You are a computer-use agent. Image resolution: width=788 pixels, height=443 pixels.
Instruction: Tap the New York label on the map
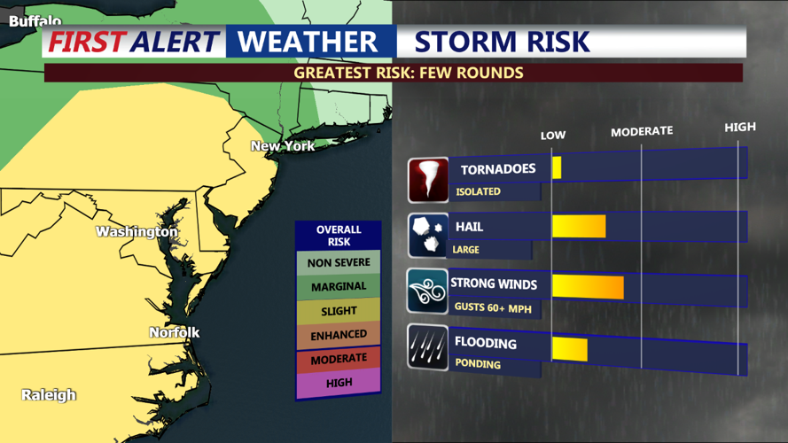point(283,146)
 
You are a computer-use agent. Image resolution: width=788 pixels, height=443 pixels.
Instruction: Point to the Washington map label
point(137,232)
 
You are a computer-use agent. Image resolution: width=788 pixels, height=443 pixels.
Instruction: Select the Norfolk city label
point(174,332)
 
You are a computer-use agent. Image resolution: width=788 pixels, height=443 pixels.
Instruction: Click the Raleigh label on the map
point(49,395)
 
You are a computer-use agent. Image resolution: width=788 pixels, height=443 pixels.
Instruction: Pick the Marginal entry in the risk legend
point(339,287)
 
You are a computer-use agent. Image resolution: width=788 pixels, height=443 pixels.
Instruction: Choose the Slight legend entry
point(339,311)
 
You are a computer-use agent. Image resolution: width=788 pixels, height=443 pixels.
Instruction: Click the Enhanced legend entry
point(339,335)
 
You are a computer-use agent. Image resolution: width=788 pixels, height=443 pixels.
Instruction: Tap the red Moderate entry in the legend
point(339,359)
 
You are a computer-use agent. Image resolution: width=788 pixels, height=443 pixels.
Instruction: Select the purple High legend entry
point(339,383)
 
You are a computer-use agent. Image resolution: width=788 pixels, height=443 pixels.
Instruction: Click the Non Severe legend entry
point(339,263)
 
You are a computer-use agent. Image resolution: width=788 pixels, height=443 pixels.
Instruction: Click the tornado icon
point(428,180)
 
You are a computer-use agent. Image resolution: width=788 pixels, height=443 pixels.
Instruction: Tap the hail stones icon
point(428,235)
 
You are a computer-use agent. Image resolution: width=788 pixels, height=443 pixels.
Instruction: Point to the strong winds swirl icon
point(428,291)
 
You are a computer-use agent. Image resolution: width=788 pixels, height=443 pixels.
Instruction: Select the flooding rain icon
point(428,346)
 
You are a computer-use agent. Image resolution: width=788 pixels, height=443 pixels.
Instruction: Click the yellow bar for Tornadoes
point(557,167)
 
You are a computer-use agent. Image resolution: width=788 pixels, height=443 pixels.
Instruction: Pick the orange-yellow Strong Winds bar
point(587,287)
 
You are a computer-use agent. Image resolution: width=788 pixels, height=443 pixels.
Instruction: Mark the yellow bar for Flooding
point(569,348)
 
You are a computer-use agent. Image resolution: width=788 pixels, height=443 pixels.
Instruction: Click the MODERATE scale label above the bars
point(642,131)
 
